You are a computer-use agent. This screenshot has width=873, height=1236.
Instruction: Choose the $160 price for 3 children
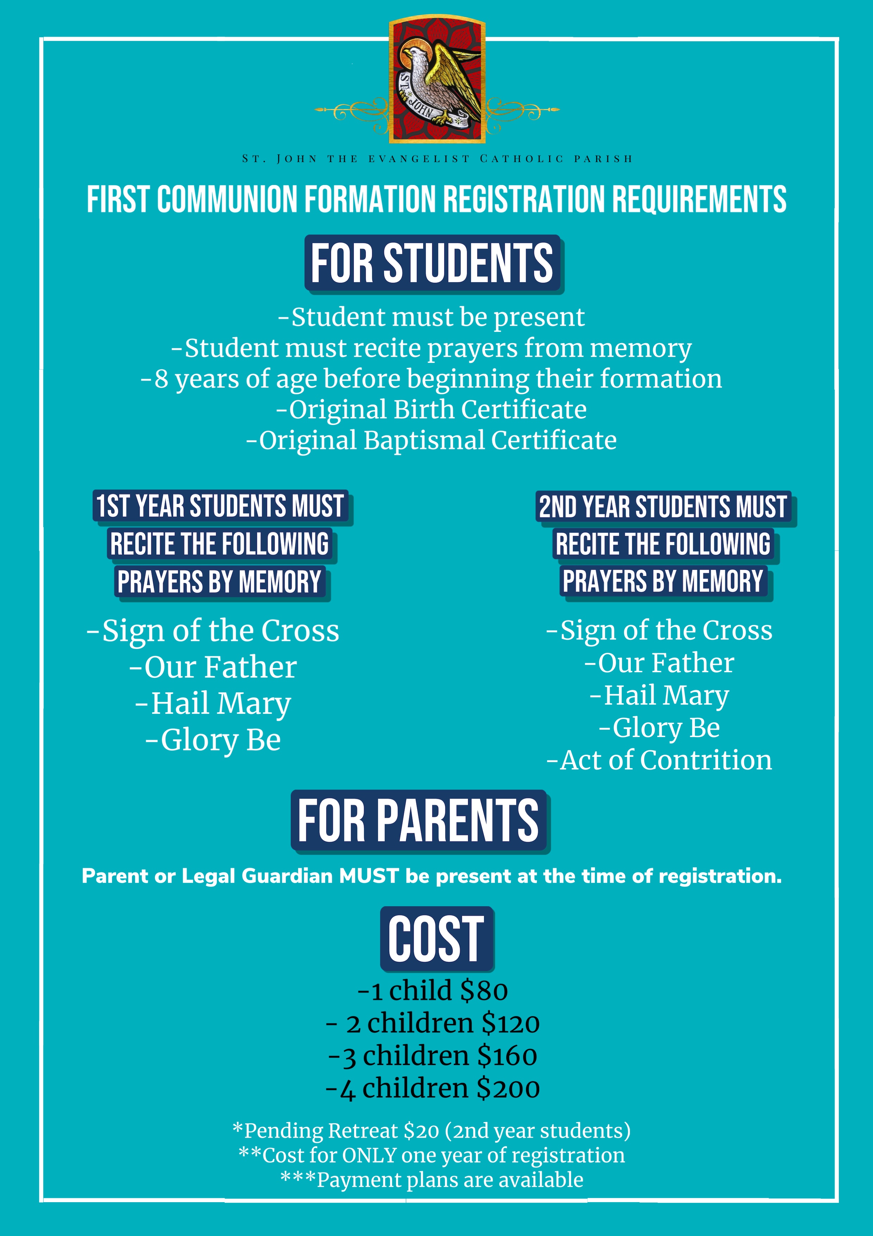[x=507, y=1056]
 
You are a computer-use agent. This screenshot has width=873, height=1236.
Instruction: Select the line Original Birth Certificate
[x=431, y=410]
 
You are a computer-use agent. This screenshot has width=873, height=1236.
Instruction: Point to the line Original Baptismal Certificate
[x=431, y=440]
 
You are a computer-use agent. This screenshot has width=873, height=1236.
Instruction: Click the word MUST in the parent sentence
[x=369, y=876]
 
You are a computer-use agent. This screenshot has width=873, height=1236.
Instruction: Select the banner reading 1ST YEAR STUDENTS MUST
[x=220, y=506]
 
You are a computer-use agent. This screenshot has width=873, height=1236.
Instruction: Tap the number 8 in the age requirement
[x=161, y=379]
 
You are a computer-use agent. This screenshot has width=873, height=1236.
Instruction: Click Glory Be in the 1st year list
[x=214, y=740]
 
